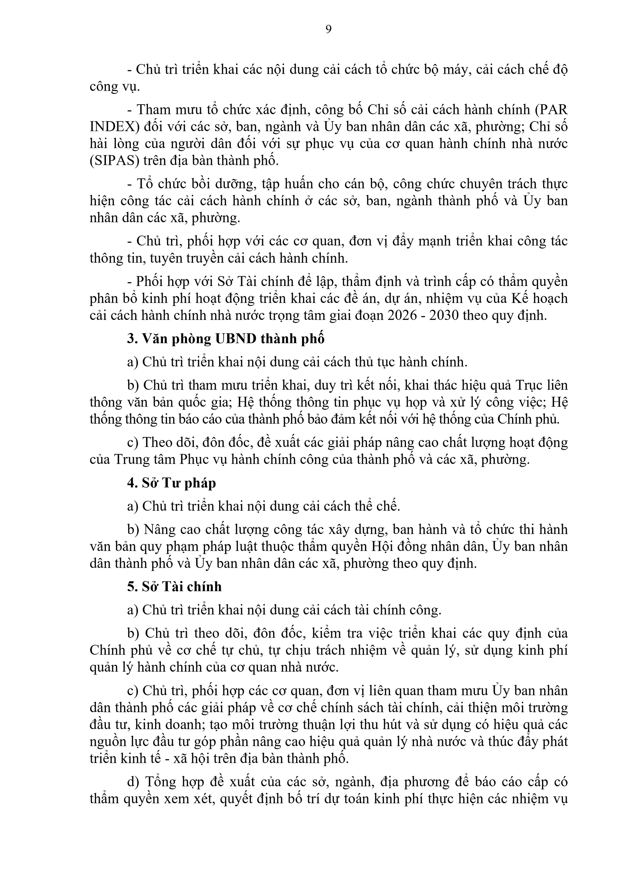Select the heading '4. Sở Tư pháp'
[x=171, y=483]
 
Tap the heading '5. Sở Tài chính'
[x=175, y=587]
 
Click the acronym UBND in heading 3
[x=235, y=339]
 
